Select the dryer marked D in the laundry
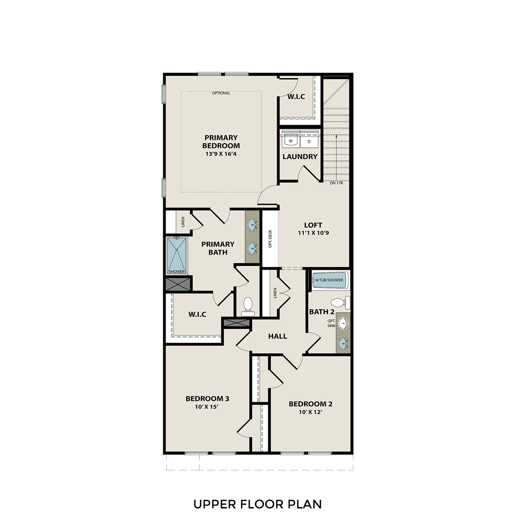point(309,141)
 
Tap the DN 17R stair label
point(336,183)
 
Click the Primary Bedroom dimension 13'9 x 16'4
point(221,154)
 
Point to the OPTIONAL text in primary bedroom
point(221,93)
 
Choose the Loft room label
point(313,225)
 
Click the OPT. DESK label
point(270,239)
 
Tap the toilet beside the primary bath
point(248,306)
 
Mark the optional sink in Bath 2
point(343,323)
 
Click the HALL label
point(278,336)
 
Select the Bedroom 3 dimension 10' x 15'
point(207,407)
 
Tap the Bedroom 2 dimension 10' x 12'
point(310,412)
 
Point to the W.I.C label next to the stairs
point(296,97)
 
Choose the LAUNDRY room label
point(300,157)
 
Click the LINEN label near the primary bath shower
point(183,222)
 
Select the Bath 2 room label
point(322,312)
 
